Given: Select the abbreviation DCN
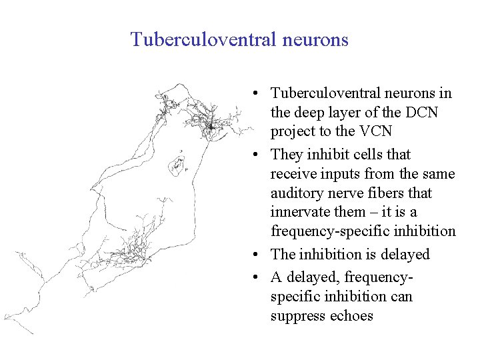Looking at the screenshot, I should click(422, 113).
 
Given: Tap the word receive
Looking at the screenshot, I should click(293, 174).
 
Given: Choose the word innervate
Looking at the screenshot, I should click(298, 212).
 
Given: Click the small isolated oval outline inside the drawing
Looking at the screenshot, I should click(178, 163).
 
